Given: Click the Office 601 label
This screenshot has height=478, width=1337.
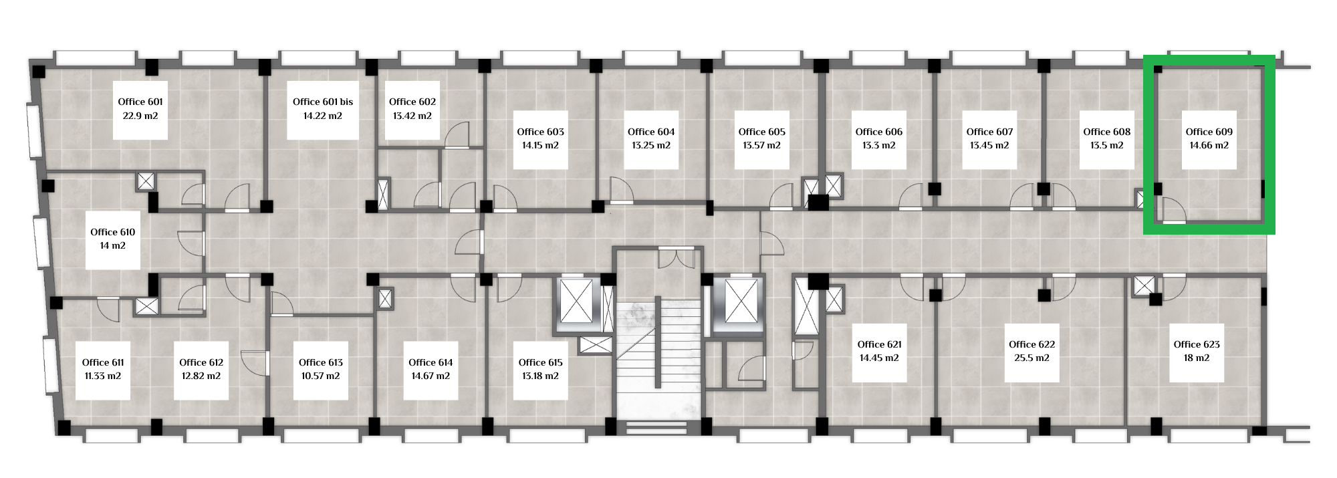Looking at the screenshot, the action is tap(140, 102).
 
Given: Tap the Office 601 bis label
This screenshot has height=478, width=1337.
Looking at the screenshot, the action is tap(323, 102).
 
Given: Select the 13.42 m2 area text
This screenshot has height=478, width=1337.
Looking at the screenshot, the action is tap(412, 116).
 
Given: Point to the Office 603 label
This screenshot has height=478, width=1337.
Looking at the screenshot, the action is tap(541, 132).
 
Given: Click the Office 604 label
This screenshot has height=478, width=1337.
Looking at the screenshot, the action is tap(651, 132).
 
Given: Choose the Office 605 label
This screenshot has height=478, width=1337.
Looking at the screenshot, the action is tap(762, 132).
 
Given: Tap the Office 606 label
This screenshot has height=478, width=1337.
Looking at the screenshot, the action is tap(879, 132).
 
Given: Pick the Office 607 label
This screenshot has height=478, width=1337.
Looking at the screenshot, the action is tap(990, 132).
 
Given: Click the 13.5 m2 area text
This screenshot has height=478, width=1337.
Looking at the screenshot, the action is tap(1107, 145).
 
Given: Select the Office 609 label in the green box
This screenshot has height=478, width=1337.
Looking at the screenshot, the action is tap(1209, 132).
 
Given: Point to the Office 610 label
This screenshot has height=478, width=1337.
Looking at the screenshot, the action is tap(113, 232).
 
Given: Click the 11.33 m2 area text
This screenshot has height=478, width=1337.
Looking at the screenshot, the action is tap(103, 376).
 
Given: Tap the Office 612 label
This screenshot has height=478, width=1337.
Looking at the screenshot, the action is tap(201, 362).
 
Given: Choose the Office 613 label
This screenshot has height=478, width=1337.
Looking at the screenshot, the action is tap(321, 362).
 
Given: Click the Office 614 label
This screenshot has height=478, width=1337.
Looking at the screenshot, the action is tap(431, 362).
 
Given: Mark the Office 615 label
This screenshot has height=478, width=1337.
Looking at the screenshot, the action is tap(541, 362).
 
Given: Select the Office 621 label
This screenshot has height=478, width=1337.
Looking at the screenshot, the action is tap(880, 344).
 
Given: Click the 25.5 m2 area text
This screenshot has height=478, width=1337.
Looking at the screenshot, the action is tap(1032, 358).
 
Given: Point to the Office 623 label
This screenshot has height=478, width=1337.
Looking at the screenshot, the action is tap(1197, 344).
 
